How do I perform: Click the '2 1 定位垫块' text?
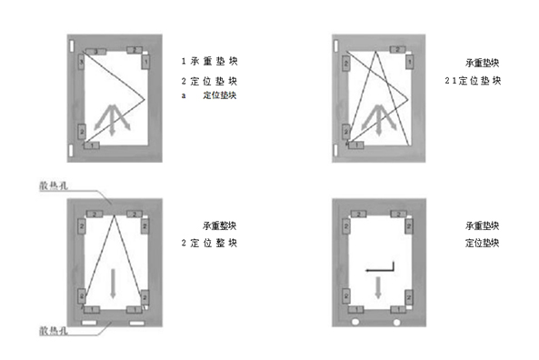click(x=473, y=81)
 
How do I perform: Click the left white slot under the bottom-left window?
click(x=88, y=322)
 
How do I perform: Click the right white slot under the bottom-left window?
click(x=135, y=322)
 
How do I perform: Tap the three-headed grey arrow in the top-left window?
click(x=112, y=119)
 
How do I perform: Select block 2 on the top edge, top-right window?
click(x=397, y=49)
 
